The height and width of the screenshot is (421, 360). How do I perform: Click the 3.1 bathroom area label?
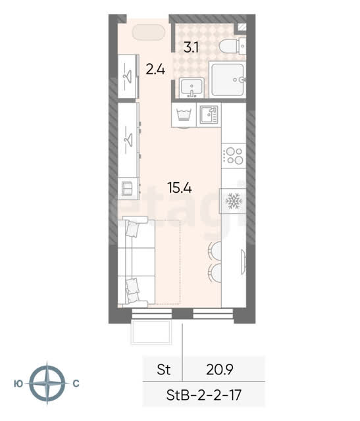[x=191, y=48]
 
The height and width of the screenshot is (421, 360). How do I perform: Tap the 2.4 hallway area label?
[x=155, y=70]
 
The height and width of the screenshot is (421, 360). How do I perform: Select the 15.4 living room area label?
[x=180, y=187]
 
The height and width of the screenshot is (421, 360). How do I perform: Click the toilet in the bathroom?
[x=232, y=46]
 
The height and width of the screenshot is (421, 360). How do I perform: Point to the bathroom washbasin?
[x=192, y=87]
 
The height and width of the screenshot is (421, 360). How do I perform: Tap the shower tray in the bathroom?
[x=227, y=80]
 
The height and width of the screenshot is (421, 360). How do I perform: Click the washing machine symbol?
[x=184, y=115]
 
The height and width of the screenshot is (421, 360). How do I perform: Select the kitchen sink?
[x=209, y=114]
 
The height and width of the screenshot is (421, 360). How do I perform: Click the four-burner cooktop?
[x=234, y=156]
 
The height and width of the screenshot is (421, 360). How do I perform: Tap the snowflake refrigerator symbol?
[x=234, y=201]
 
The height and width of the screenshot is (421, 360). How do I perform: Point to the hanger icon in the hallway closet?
[x=128, y=75]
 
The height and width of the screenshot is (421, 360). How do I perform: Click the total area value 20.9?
[x=220, y=370]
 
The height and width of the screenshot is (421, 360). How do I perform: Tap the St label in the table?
[x=164, y=370]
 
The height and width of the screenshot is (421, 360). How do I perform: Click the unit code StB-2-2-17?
[x=203, y=395]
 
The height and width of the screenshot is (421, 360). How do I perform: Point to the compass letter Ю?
[x=18, y=384]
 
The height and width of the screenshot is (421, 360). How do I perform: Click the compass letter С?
[x=76, y=384]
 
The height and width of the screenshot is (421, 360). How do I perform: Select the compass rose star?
[x=47, y=384]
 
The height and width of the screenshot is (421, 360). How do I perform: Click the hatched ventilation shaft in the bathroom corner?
[x=242, y=27]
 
